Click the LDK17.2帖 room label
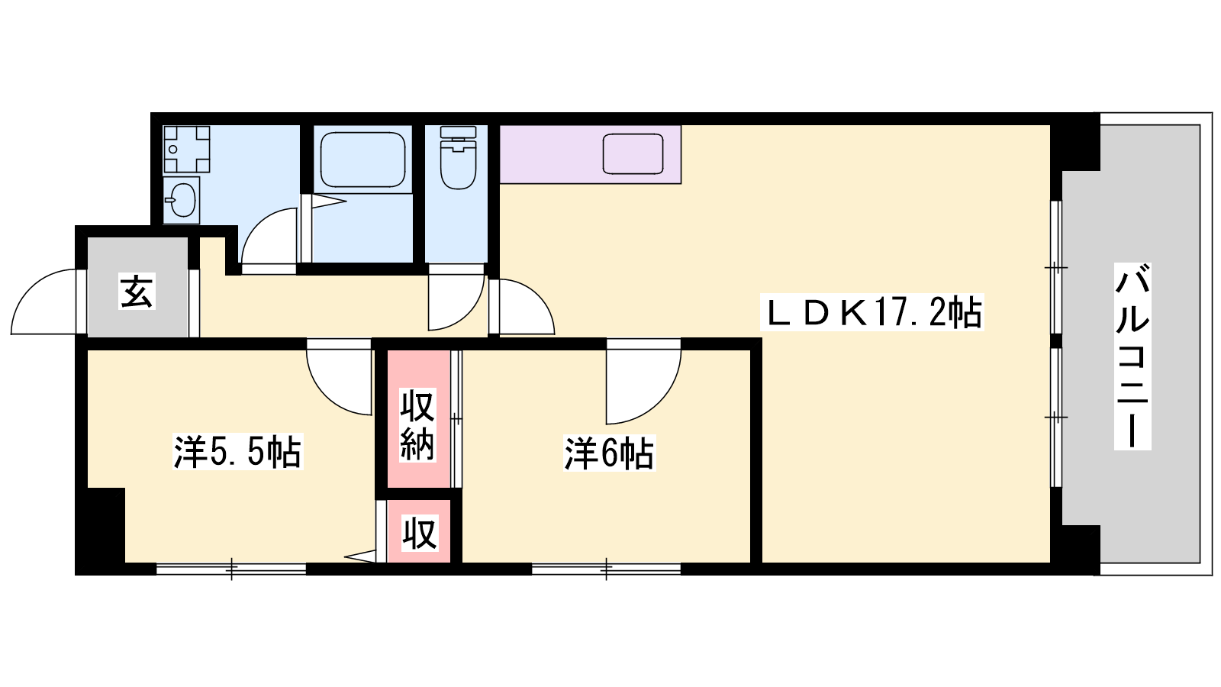[872, 313]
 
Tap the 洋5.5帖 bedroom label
[237, 451]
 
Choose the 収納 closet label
[417, 424]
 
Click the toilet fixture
[458, 157]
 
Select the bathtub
[362, 160]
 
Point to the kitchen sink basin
[633, 153]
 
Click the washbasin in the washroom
[181, 200]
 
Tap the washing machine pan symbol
[186, 149]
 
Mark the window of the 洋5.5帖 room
[231, 569]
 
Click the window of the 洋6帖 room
[606, 569]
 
